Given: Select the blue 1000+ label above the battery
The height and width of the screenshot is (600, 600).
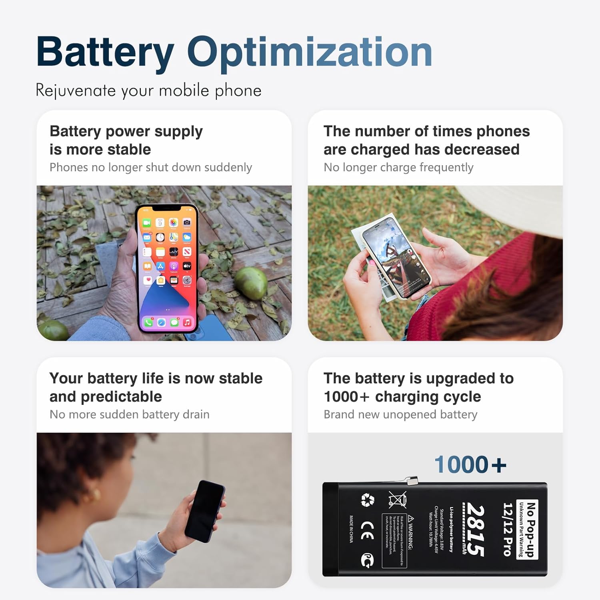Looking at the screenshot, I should (x=470, y=465).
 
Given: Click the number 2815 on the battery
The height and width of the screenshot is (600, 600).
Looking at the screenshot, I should (x=475, y=530).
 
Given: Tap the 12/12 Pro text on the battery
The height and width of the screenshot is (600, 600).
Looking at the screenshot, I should (x=507, y=529).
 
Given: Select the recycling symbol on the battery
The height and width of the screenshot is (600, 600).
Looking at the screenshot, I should (x=367, y=500).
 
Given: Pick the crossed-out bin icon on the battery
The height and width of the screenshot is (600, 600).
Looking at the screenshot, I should (x=398, y=500).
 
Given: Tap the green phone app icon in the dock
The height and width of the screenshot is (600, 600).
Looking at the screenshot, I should (x=148, y=322).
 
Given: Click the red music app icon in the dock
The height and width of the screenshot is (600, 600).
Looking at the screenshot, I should (x=187, y=322).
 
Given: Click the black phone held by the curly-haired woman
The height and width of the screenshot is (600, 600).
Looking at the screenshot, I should (x=206, y=511).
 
